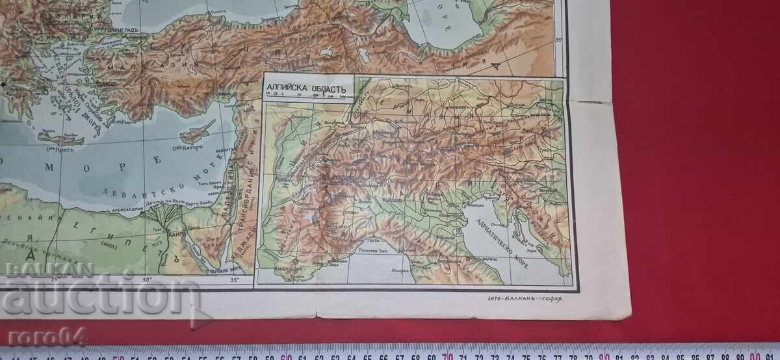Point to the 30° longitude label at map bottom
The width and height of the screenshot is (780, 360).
tap(146, 280)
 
